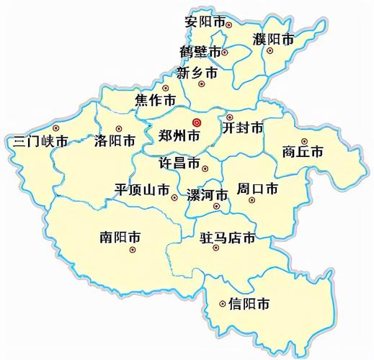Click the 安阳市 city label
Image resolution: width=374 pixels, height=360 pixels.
[204, 23]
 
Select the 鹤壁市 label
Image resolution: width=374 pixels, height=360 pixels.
[200, 52]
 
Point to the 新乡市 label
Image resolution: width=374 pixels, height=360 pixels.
[197, 73]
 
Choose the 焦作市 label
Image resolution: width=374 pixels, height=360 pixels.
[156, 99]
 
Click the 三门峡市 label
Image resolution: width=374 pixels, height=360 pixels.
[40, 140]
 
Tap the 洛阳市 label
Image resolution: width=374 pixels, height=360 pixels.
[115, 140]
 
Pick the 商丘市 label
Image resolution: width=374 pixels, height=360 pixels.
[303, 152]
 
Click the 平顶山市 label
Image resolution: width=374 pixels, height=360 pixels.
[143, 189]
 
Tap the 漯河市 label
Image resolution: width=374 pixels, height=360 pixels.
[207, 194]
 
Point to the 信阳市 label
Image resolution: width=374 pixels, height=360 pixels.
[249, 304]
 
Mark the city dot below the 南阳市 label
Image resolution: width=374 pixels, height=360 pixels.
[133, 250]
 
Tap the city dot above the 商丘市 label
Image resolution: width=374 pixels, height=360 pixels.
[304, 141]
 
